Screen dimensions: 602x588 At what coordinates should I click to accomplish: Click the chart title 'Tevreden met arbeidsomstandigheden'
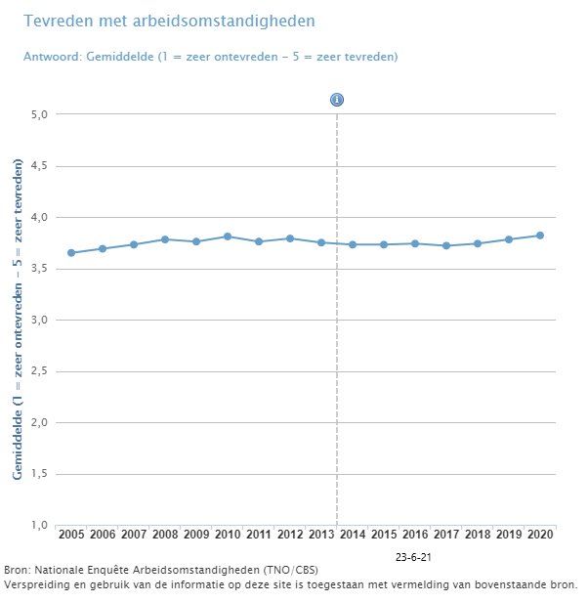[169, 21]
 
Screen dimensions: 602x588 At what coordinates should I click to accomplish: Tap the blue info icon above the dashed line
[337, 100]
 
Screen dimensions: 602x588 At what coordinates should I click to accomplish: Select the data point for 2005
[71, 253]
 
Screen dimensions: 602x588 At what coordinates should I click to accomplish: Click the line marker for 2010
[228, 236]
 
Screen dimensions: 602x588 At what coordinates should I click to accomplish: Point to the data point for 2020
[539, 236]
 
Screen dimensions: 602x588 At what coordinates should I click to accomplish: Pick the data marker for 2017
[446, 246]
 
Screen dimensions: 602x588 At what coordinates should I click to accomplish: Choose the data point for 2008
[165, 239]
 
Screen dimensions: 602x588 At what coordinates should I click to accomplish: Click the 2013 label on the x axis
[321, 535]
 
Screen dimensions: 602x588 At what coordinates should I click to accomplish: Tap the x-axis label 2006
[103, 535]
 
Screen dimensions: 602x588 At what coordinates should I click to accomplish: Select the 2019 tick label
[508, 535]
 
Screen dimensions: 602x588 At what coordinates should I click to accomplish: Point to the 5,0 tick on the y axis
[40, 114]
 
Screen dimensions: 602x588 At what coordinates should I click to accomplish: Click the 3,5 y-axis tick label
[40, 269]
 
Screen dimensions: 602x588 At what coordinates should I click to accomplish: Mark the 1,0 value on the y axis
[40, 526]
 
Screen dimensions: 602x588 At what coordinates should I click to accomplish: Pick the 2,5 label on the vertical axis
[40, 371]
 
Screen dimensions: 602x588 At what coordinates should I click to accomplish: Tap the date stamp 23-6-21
[413, 556]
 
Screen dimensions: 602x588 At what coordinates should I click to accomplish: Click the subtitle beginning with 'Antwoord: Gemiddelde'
[210, 57]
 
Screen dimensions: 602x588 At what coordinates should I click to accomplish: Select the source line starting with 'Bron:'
[161, 570]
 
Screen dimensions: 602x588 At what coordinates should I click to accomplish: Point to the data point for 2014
[353, 244]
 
